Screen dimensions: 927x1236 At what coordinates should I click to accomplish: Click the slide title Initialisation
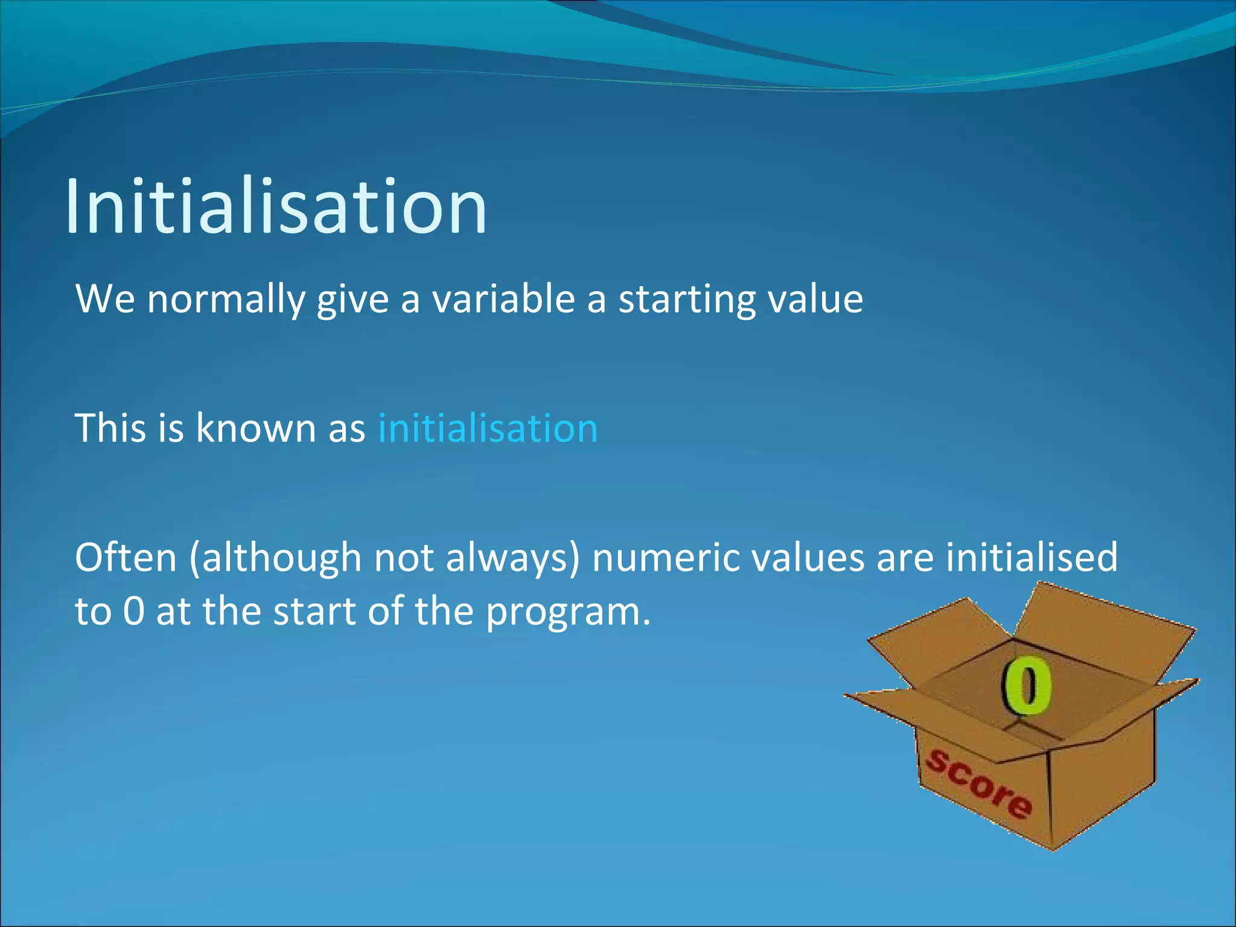[276, 206]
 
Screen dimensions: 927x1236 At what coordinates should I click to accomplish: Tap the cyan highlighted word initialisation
[488, 428]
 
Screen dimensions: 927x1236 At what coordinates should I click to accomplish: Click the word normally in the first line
[225, 299]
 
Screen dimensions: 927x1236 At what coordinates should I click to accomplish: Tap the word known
[256, 428]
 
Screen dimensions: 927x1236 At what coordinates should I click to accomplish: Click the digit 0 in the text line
[134, 611]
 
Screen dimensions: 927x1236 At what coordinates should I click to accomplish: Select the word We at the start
[105, 299]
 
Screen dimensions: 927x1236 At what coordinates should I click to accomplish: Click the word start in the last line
[314, 611]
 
